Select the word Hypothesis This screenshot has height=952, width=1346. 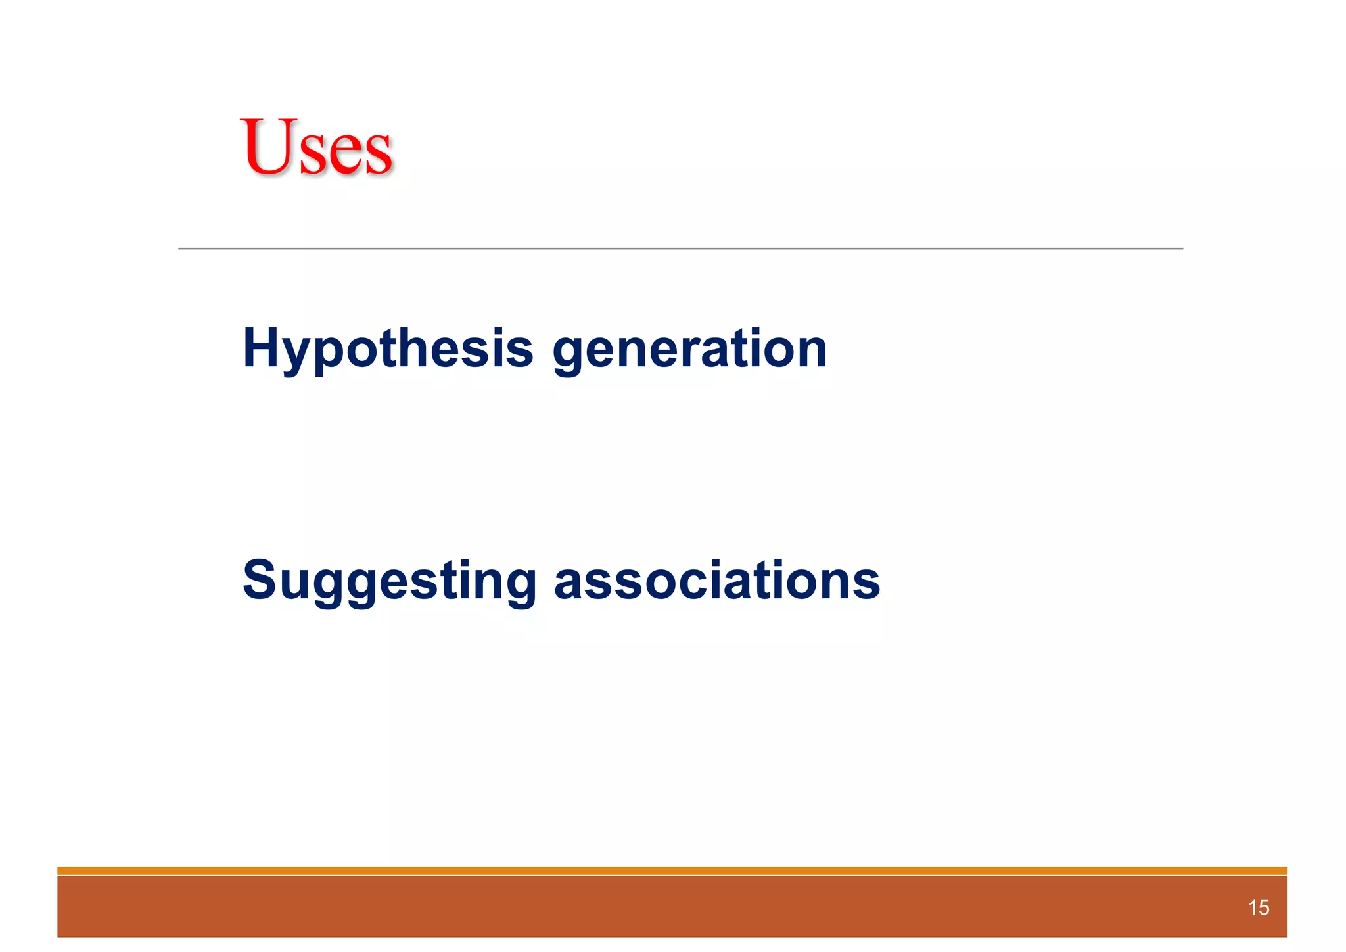[388, 348]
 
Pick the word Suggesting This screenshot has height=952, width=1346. [390, 581]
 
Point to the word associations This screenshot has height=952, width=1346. [717, 581]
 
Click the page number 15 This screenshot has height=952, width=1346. [1259, 908]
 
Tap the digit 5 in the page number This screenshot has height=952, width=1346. [1264, 908]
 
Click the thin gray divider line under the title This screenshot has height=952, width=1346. [680, 249]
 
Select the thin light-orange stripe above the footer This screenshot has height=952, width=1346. [672, 870]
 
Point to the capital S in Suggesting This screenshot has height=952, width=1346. [261, 580]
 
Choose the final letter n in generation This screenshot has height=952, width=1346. [810, 351]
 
